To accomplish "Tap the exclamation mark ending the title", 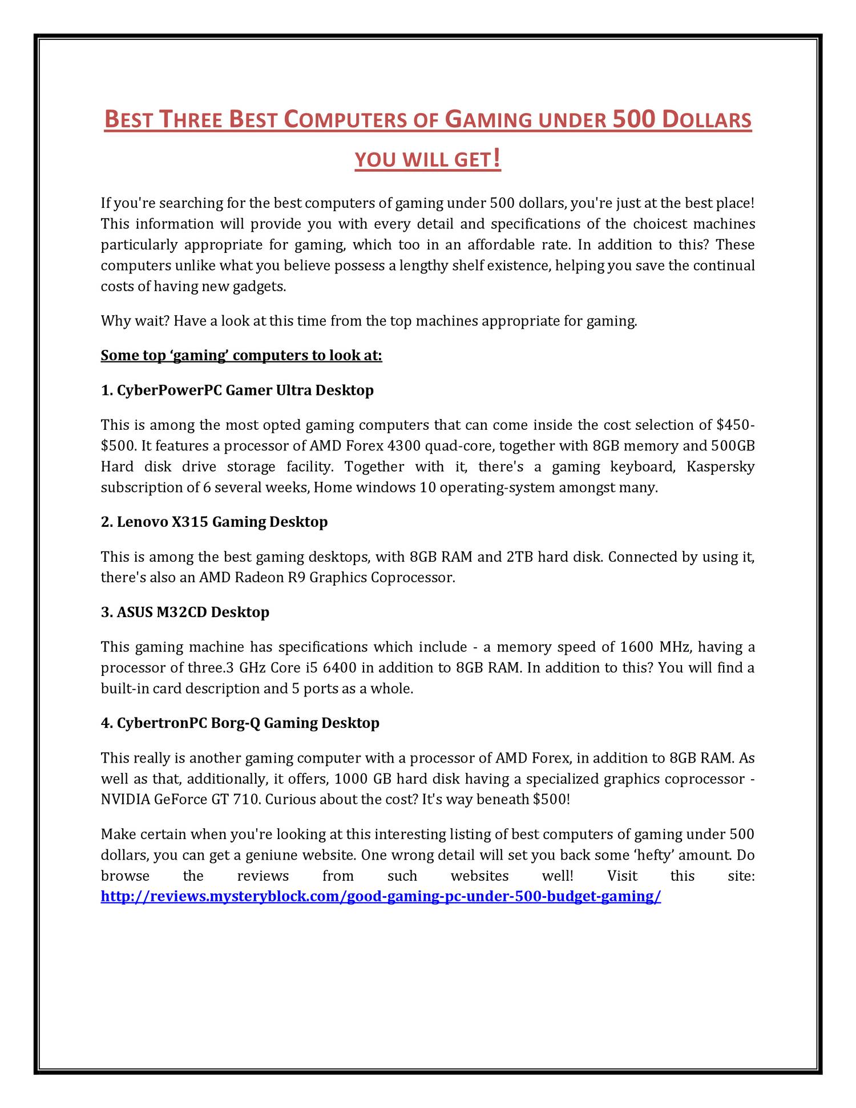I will click(497, 158).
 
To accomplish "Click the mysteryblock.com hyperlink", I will click(381, 896).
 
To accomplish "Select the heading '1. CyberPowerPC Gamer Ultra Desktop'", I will click(237, 390).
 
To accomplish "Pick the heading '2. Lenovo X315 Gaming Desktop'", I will click(214, 522).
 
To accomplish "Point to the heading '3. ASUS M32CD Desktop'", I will click(185, 612).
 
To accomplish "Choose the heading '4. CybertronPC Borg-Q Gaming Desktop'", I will click(240, 723).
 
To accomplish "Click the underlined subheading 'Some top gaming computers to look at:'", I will click(241, 356).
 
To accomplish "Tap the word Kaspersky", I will click(720, 467).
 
